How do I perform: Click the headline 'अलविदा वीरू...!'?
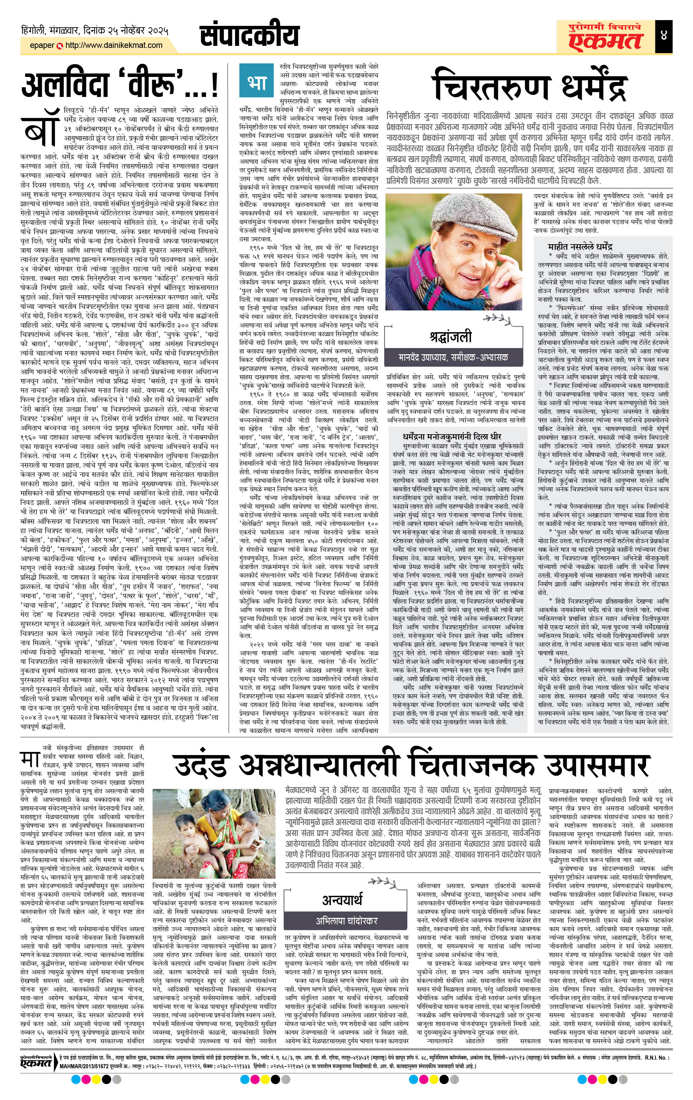[120, 86]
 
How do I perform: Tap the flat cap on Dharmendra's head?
[448, 213]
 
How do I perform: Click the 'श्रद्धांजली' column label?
[450, 336]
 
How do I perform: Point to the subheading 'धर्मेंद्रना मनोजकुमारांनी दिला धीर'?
[452, 436]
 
